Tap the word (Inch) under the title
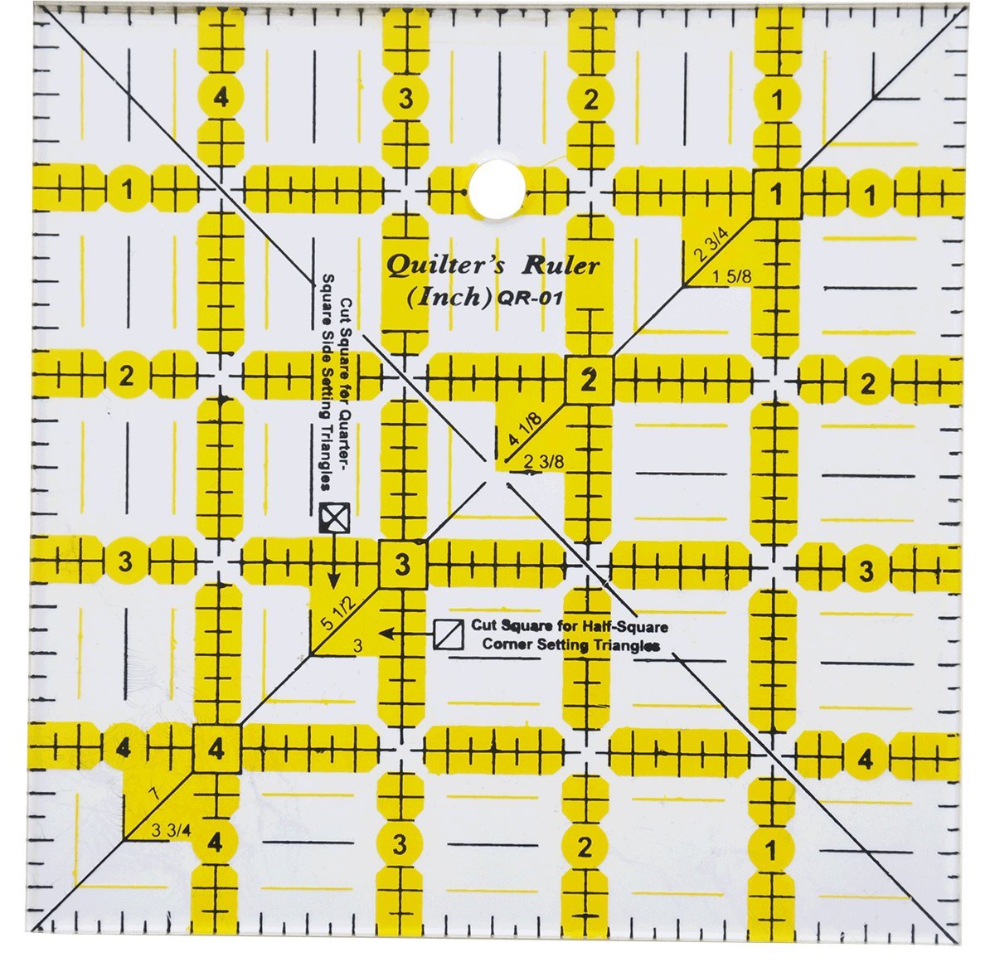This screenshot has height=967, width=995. [x=449, y=297]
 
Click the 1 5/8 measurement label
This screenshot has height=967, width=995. [x=733, y=277]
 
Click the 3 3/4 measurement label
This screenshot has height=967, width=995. [x=169, y=829]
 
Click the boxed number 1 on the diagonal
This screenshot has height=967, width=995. [x=776, y=196]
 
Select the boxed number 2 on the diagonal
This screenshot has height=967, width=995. [x=589, y=381]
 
